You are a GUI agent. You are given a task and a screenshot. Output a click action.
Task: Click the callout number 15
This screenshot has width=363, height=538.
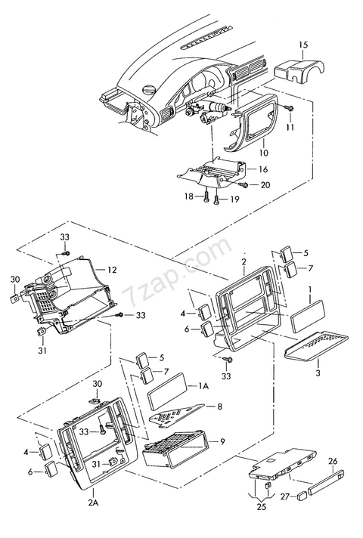point(303,45)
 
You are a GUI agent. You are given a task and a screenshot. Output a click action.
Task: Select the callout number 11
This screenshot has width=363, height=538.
point(290,127)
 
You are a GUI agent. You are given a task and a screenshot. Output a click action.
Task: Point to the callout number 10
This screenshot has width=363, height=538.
point(264,153)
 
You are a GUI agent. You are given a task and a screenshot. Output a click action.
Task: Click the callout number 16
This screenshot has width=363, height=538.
point(263,169)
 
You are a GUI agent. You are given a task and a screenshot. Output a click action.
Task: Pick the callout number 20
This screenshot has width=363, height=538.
point(265,185)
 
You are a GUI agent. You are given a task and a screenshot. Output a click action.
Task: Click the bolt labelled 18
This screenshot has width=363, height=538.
point(206,197)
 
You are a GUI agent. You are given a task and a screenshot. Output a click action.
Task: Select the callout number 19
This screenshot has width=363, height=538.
point(234,199)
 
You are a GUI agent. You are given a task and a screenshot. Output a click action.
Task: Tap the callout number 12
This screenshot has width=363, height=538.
point(112,270)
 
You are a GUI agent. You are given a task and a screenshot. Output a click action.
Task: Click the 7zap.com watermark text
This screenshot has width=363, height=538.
point(177,272)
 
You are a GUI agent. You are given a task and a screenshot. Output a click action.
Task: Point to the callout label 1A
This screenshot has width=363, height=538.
point(203,386)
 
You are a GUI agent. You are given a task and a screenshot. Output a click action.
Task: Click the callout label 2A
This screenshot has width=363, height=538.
point(93,503)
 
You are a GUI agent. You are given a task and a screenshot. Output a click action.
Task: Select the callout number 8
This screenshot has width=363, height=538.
point(220,407)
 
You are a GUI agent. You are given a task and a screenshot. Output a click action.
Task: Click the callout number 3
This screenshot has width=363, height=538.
point(318,373)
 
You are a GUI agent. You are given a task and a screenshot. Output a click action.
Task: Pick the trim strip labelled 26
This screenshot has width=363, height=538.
point(327,482)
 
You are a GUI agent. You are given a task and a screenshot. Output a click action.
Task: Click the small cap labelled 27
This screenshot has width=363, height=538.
point(302,495)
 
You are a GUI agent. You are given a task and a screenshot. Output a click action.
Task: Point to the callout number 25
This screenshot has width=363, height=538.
point(262,506)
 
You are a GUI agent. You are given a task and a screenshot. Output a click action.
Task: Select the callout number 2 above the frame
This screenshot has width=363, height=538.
point(244,261)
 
